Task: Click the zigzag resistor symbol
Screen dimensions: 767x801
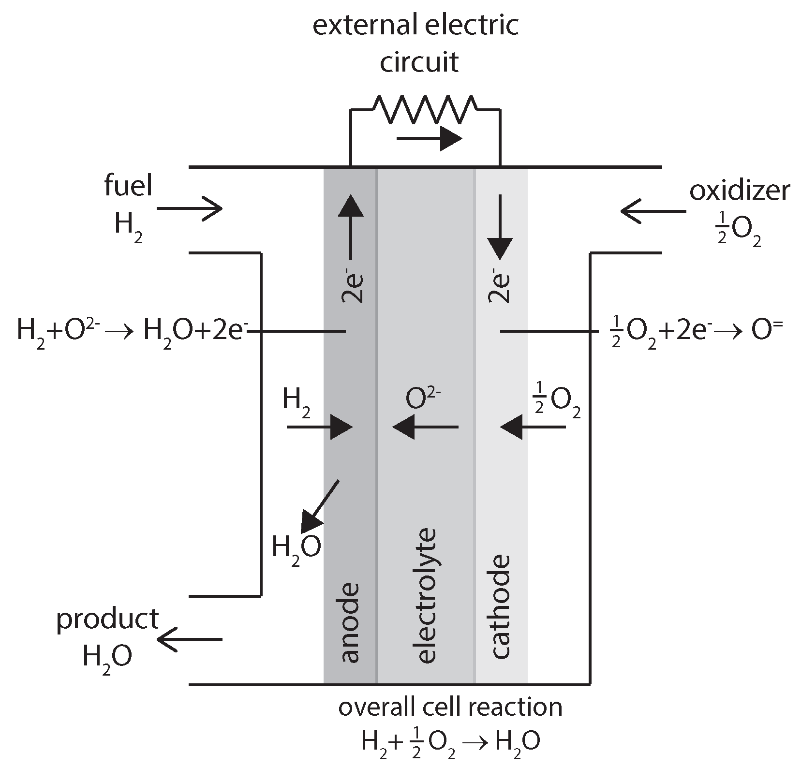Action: (x=425, y=109)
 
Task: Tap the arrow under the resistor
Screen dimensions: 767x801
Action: (x=429, y=140)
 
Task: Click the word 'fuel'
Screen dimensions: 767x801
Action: (x=128, y=187)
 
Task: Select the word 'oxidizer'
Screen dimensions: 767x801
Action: (x=739, y=192)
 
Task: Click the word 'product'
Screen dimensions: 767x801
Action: (x=107, y=620)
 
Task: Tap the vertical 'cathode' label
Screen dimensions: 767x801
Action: (x=500, y=606)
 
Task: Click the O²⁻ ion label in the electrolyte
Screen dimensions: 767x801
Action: (x=423, y=399)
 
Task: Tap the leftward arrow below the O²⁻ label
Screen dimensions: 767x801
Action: (x=426, y=427)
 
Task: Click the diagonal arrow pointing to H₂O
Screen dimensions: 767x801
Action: (x=320, y=506)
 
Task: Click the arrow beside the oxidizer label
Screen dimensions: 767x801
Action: (x=653, y=211)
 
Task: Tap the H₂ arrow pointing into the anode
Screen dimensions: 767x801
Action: (x=319, y=428)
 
